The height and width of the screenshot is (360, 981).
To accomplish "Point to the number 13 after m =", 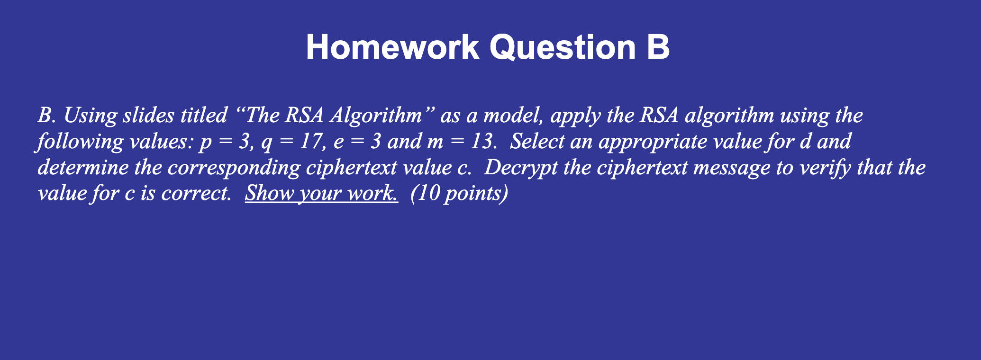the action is [x=481, y=142].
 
